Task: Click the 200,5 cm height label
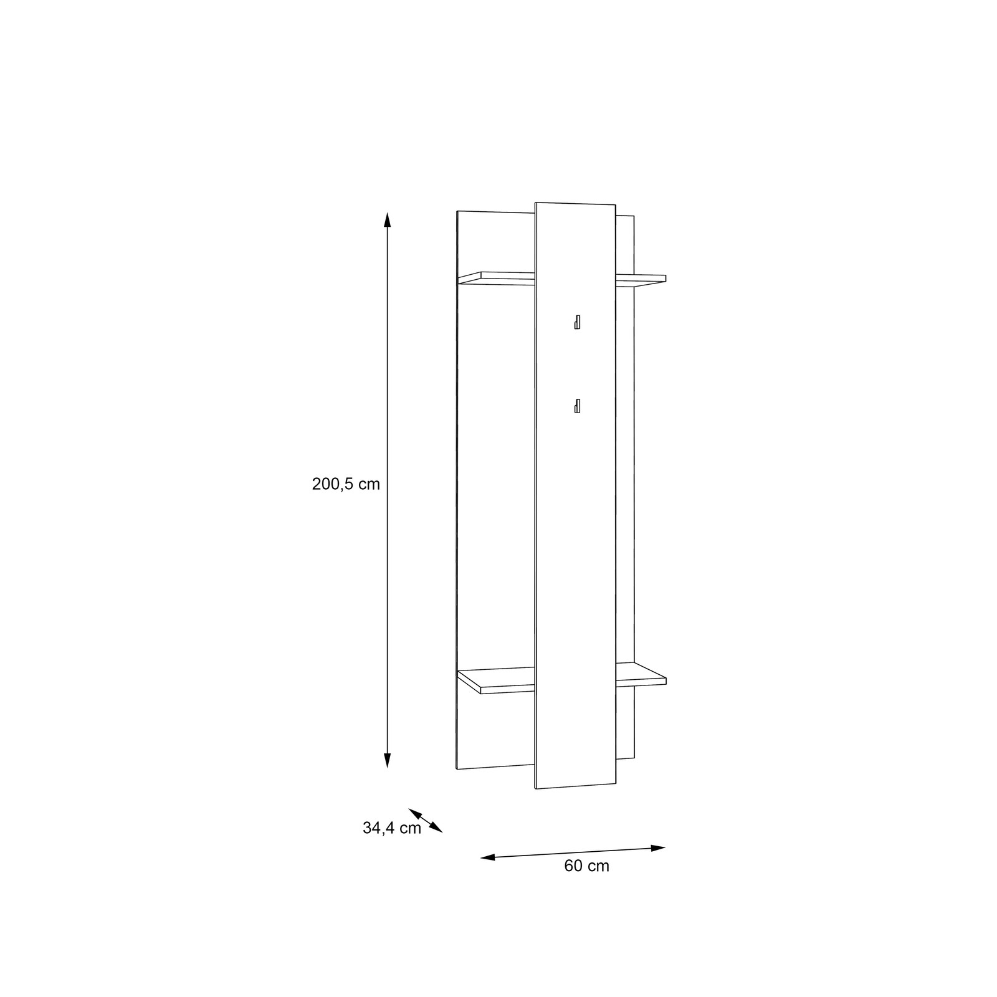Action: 346,484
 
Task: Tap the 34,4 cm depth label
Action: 392,828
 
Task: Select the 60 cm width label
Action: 587,866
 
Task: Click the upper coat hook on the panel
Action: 578,322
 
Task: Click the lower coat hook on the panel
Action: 578,406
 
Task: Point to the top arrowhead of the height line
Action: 387,219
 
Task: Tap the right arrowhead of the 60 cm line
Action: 659,847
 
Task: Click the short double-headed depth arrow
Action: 426,820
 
